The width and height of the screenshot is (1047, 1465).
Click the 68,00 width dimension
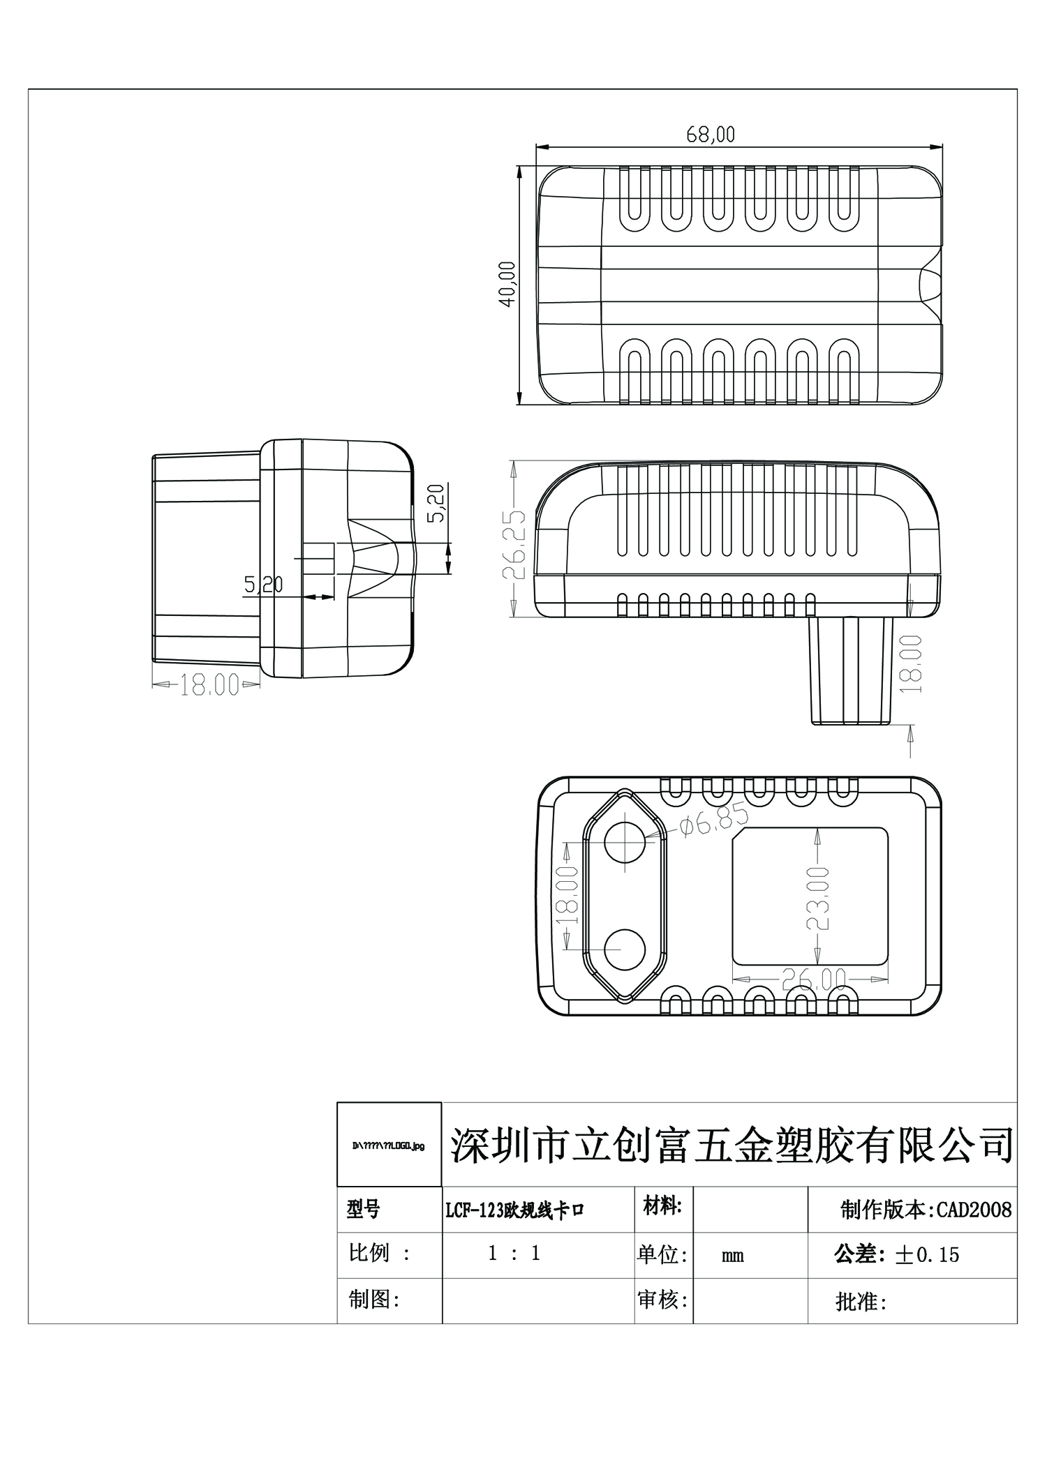pyautogui.click(x=711, y=134)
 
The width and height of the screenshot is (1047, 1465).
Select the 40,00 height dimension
pyautogui.click(x=507, y=284)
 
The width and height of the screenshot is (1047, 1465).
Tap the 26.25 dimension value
pyautogui.click(x=514, y=546)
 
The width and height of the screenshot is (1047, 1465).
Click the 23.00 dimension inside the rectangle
pyautogui.click(x=817, y=899)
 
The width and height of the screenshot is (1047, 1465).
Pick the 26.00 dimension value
pyautogui.click(x=814, y=980)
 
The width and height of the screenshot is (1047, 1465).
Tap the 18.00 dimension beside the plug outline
pyautogui.click(x=568, y=895)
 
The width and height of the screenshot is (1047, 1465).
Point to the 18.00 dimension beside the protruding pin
pyautogui.click(x=912, y=663)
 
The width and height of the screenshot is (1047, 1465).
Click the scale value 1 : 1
pyautogui.click(x=514, y=1254)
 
